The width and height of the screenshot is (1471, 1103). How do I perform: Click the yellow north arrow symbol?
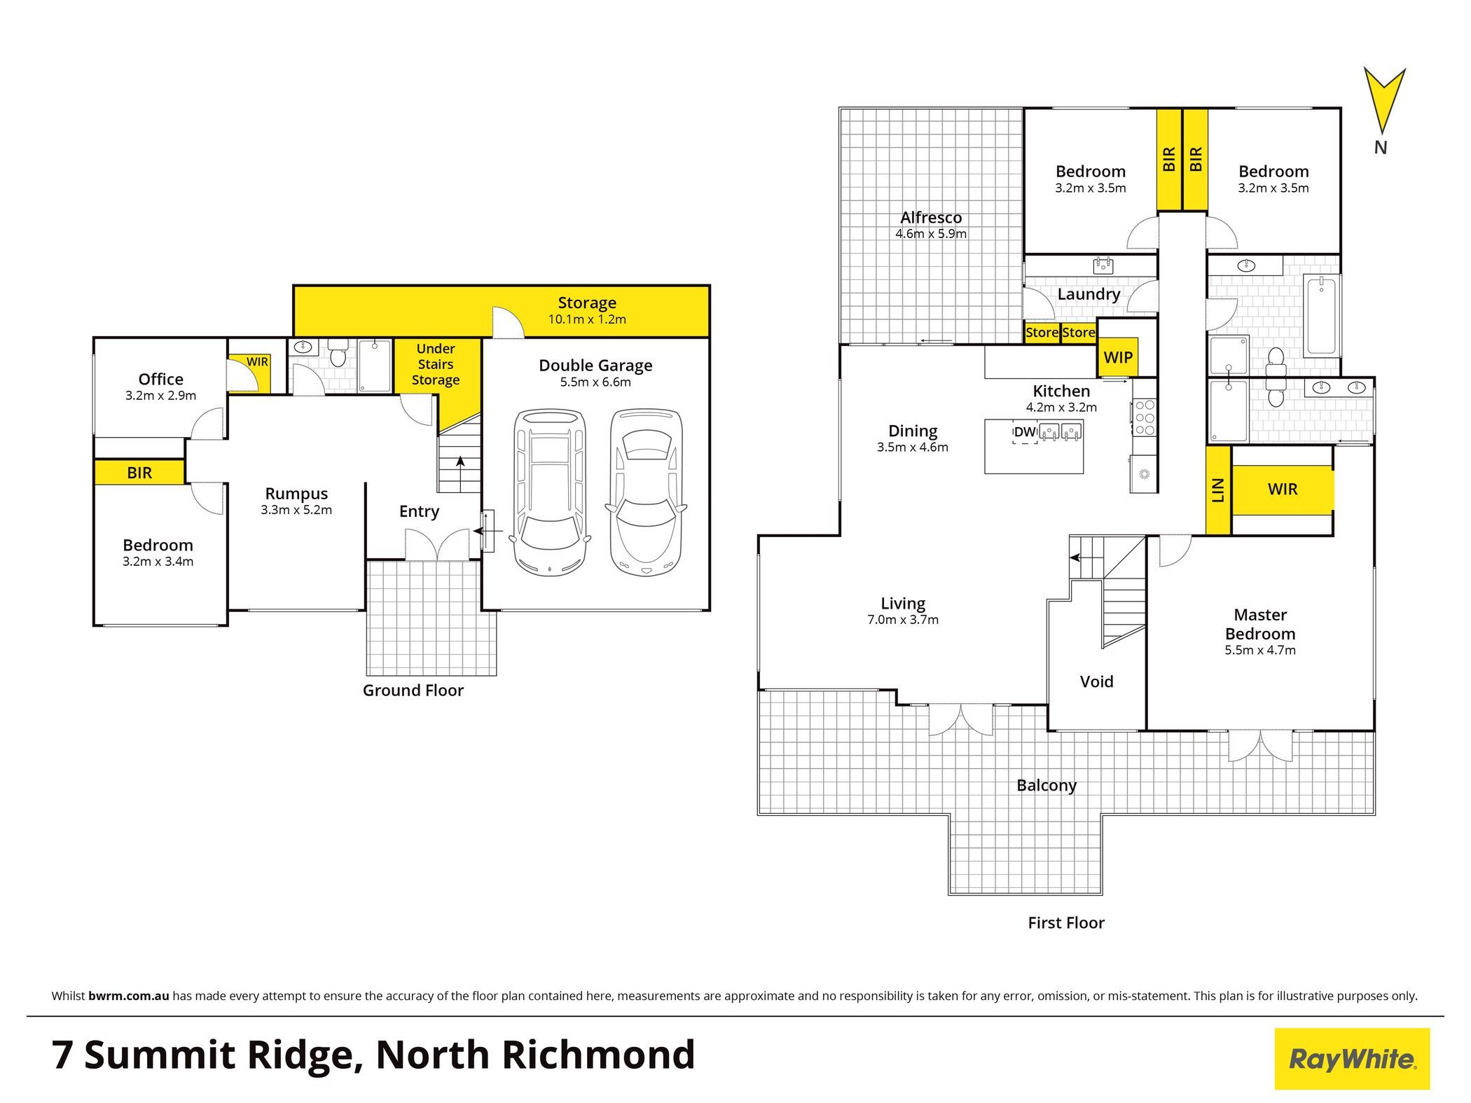click(1383, 98)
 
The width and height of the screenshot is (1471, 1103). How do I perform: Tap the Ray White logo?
click(1352, 1058)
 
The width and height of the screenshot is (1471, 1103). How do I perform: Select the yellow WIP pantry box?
click(1118, 357)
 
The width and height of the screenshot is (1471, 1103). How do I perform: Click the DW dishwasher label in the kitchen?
click(1025, 432)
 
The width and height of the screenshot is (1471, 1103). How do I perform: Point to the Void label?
click(1096, 681)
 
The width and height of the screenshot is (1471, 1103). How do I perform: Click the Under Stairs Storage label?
click(436, 364)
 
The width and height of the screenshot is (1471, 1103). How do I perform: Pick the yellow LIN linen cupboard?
click(1218, 490)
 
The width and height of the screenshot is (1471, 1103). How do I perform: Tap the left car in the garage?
click(550, 492)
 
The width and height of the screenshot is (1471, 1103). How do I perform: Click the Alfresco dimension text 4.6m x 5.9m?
click(931, 234)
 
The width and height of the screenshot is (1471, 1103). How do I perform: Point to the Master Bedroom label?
click(1260, 624)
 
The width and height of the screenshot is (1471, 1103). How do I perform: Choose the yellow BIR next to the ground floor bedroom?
click(139, 472)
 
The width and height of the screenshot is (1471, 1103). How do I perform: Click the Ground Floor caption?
click(413, 691)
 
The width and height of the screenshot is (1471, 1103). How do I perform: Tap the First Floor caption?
click(1066, 923)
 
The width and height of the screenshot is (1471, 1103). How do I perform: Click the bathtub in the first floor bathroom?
click(1321, 315)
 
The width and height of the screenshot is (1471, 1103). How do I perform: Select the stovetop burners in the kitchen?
click(1145, 417)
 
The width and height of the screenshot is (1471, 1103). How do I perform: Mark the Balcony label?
click(1047, 786)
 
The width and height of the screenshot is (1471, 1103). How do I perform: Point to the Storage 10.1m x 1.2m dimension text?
click(587, 319)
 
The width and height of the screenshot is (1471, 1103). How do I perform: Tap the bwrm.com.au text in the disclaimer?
click(129, 996)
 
